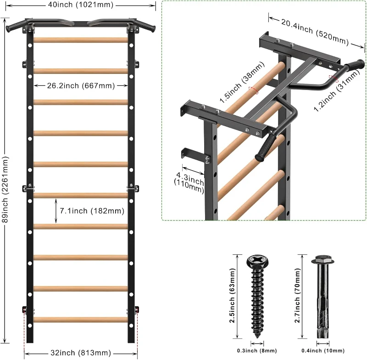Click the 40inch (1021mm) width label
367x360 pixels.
pos(80,5)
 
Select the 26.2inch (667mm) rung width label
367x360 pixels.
pos(80,85)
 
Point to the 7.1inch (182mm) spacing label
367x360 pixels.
pos(92,211)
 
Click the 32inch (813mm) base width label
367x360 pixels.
pos(80,353)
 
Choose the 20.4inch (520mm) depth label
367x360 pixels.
pos(315,31)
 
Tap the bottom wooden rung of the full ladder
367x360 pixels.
pos(80,319)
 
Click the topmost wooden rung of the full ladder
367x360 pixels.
pos(80,40)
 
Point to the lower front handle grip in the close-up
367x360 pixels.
pos(265,148)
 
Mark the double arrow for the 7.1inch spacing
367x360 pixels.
pos(56,211)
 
